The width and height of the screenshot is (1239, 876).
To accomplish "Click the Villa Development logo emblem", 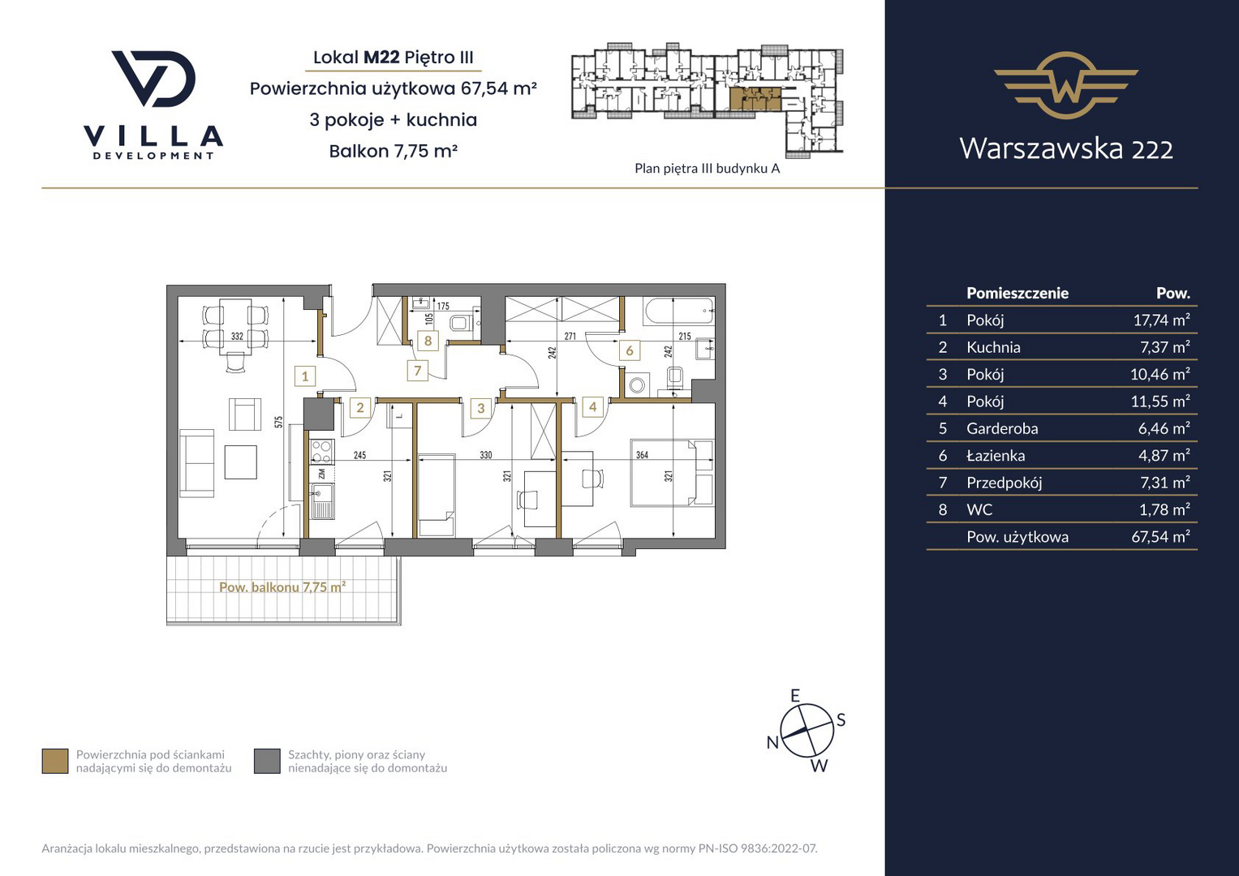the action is tap(153, 79).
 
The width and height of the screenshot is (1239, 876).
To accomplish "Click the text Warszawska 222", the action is tap(1066, 148).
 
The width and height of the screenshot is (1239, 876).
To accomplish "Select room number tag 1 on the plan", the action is tap(305, 376).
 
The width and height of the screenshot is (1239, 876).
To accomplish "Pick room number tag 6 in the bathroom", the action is tap(630, 350).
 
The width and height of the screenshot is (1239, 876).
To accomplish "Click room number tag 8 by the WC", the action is tap(428, 341).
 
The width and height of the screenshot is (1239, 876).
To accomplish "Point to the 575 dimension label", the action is tap(279, 422).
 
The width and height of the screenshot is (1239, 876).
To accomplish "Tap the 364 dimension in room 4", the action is tap(642, 455).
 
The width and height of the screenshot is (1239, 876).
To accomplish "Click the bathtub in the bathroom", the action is tap(678, 311).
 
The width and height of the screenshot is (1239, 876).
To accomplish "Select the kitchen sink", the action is tap(321, 501).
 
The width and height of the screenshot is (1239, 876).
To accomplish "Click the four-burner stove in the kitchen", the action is tap(321, 451).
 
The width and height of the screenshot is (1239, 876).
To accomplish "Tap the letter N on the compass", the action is tap(772, 742).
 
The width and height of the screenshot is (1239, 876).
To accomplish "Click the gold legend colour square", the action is tap(55, 762).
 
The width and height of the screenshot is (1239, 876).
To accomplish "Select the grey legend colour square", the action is tap(267, 762).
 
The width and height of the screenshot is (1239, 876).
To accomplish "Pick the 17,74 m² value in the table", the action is tap(1162, 320).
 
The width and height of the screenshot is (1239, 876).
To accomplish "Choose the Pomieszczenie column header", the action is tap(1017, 293).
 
